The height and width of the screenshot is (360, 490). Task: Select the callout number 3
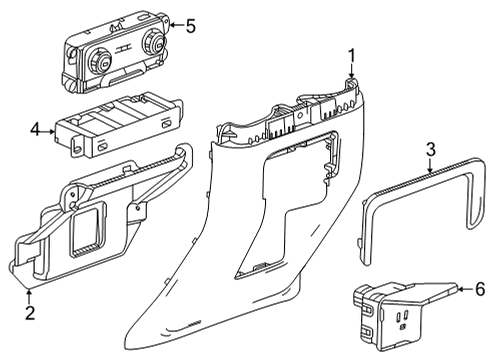pyautogui.click(x=430, y=150)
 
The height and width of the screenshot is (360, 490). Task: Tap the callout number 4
pyautogui.click(x=34, y=130)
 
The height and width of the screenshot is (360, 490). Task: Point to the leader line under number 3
pyautogui.click(x=430, y=164)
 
